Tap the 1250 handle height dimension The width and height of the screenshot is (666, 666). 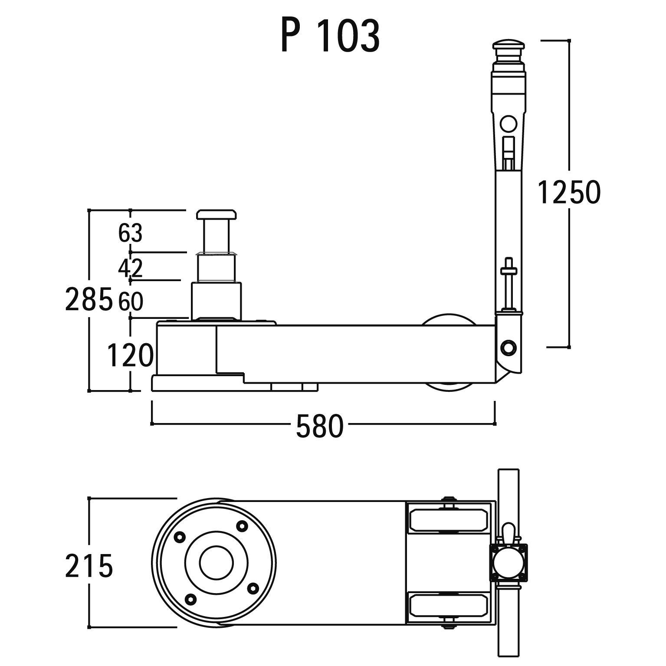click(569, 192)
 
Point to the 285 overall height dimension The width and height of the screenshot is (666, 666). click(88, 299)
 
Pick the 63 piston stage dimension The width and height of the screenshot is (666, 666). click(130, 233)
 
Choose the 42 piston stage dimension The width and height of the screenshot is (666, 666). click(130, 268)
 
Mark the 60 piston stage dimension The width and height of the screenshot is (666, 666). click(131, 302)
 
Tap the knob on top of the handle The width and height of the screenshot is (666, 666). click(509, 46)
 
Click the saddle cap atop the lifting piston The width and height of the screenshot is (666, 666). click(216, 214)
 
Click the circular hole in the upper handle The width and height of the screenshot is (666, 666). click(509, 124)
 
